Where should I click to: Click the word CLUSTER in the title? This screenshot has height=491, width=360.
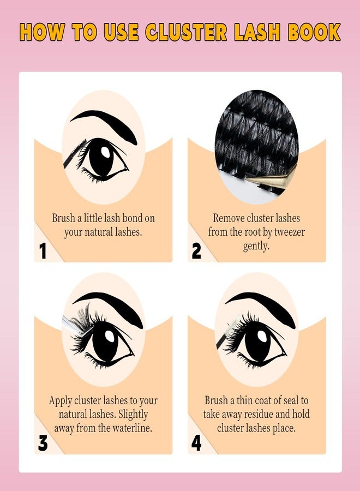[x=186, y=32]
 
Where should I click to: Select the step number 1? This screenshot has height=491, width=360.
[x=43, y=251]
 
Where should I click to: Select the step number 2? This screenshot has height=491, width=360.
[x=196, y=251]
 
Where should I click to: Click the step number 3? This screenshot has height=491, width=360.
[x=43, y=443]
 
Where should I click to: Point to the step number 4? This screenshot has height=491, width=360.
[x=196, y=443]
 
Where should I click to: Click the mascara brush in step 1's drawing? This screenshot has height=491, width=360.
[x=75, y=153]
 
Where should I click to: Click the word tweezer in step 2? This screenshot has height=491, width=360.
[x=289, y=232]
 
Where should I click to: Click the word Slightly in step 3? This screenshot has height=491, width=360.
[x=133, y=415]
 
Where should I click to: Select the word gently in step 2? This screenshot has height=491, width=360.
[x=256, y=247]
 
